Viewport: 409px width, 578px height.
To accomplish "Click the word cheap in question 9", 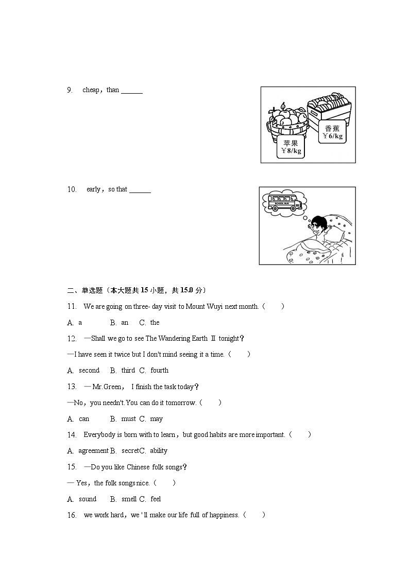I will point(91,90).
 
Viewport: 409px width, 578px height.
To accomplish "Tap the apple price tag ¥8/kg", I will point(291,147).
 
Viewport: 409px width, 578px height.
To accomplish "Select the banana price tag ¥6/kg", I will point(332,132).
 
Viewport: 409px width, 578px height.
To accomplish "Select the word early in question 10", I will point(93,189).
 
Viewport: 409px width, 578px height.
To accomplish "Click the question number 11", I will point(72,306).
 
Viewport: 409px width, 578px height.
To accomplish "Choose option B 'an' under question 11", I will point(125,323).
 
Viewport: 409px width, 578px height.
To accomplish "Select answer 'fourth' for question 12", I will point(159,371).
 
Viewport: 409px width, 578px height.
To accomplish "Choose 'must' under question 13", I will point(128,419).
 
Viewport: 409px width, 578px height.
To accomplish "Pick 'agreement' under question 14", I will point(93,451).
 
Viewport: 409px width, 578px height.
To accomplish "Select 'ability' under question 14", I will point(158,451).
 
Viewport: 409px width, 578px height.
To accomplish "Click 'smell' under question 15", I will point(129,499).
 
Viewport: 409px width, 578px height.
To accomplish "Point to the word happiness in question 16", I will point(224,515).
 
